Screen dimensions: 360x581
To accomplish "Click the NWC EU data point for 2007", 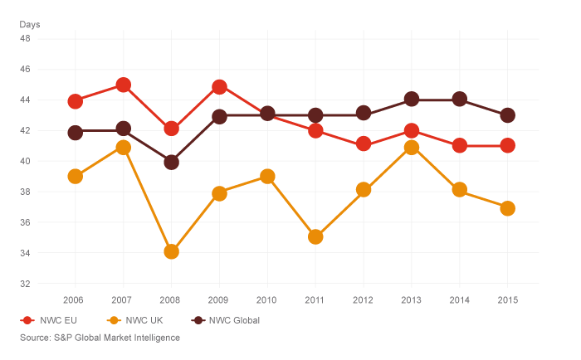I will [x=123, y=85].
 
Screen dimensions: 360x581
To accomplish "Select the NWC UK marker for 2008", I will [x=171, y=251].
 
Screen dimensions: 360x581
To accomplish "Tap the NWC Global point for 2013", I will [x=411, y=100].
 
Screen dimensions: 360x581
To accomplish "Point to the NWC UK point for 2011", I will [x=315, y=236].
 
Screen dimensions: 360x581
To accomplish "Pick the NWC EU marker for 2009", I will [x=219, y=86].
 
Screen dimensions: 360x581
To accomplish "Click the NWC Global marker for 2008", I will [x=171, y=162].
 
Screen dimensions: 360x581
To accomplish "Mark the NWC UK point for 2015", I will [x=507, y=208].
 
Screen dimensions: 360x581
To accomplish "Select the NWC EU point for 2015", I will [x=507, y=145].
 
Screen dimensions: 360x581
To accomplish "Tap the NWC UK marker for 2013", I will [x=411, y=147].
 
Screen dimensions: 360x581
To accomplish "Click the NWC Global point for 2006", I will [x=76, y=132].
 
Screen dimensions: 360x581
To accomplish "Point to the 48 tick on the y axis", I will [x=24, y=38].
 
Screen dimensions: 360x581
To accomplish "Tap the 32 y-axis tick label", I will [x=24, y=284].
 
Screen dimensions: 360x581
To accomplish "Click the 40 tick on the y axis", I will [x=24, y=161].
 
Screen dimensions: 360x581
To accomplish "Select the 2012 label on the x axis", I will [x=363, y=299].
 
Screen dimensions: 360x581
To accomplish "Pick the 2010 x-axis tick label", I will [x=266, y=299].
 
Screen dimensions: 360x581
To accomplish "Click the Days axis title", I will [x=30, y=24].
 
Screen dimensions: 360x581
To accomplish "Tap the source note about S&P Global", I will [x=100, y=338].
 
